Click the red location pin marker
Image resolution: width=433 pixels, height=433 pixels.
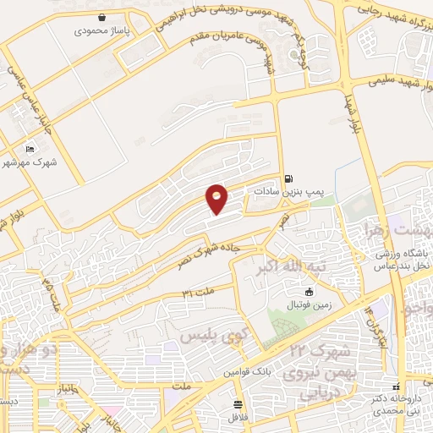click(217, 199)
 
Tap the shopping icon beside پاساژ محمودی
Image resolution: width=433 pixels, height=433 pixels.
click(102, 16)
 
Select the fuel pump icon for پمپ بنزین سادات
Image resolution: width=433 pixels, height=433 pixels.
click(290, 178)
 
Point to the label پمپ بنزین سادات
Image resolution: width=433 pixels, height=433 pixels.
click(284, 192)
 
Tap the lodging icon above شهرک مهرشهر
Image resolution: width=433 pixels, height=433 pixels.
click(30, 149)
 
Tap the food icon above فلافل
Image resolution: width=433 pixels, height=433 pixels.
click(239, 404)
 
